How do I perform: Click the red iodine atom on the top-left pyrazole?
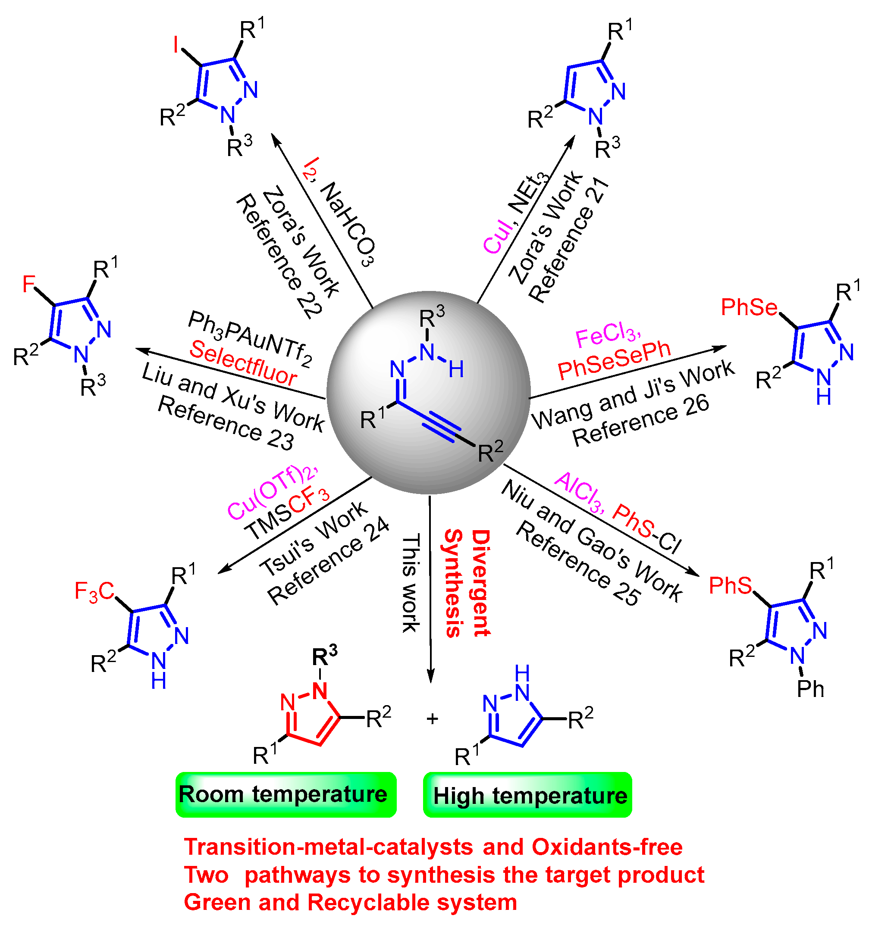(x=176, y=45)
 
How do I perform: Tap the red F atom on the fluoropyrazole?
(x=29, y=284)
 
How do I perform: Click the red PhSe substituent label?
(x=749, y=308)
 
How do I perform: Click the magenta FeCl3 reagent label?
(x=608, y=335)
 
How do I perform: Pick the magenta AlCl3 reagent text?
(x=580, y=493)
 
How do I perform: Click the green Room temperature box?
(x=286, y=795)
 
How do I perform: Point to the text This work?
(x=411, y=583)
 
